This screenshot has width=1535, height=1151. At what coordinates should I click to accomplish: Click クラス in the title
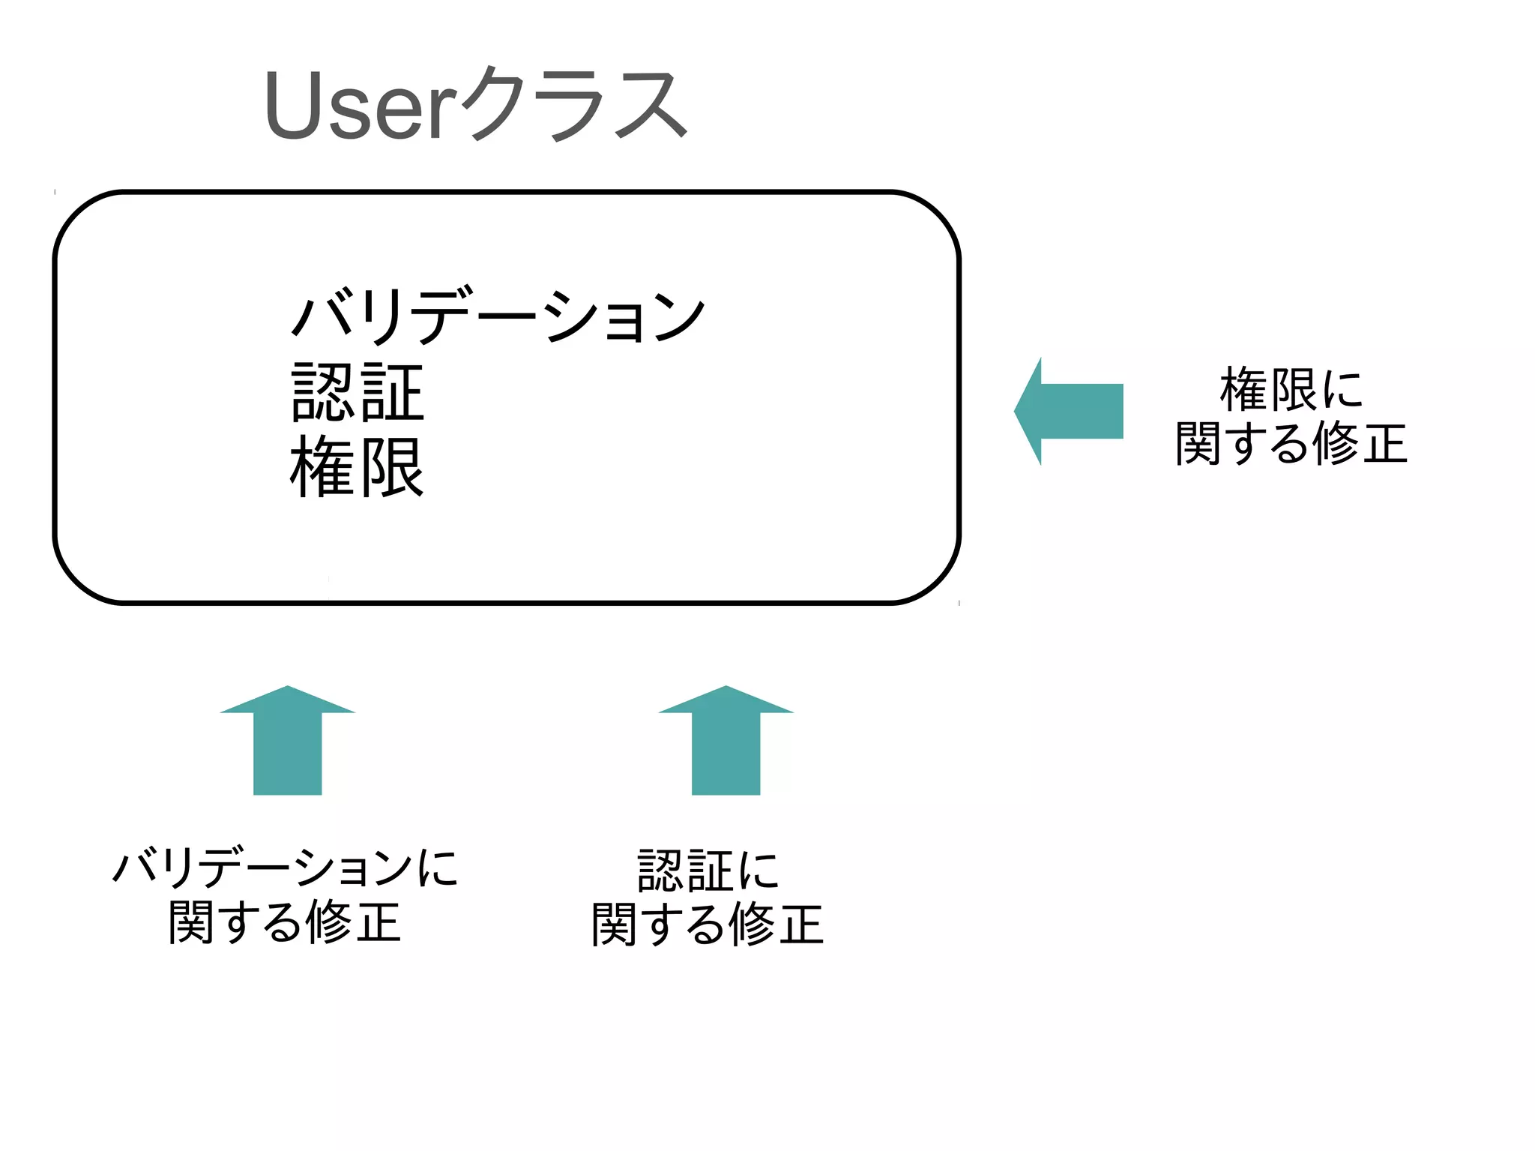click(573, 105)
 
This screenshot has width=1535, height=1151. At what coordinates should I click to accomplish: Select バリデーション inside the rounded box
click(498, 315)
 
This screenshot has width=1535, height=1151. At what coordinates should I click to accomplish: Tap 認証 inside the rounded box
click(358, 392)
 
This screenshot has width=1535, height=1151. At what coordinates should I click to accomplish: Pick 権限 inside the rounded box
click(358, 467)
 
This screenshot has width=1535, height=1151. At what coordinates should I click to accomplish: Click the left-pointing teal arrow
click(1072, 411)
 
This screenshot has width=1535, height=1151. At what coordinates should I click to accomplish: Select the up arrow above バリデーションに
click(288, 742)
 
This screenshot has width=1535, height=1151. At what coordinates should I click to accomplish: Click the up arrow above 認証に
click(726, 742)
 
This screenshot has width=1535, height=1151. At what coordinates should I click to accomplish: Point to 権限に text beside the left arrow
click(1291, 389)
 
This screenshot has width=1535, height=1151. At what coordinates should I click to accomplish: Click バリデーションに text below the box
click(285, 868)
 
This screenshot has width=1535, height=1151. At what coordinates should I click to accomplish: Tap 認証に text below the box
click(708, 871)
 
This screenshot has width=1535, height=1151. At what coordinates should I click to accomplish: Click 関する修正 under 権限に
click(1291, 443)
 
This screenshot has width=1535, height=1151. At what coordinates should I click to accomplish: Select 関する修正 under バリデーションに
click(285, 922)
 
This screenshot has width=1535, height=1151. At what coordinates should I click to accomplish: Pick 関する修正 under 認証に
click(708, 924)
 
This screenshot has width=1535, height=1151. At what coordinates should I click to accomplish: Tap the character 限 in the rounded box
click(392, 467)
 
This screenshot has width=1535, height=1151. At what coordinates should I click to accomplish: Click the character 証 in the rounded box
click(392, 392)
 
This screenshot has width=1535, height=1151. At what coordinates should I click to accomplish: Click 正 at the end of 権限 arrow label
click(1385, 444)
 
